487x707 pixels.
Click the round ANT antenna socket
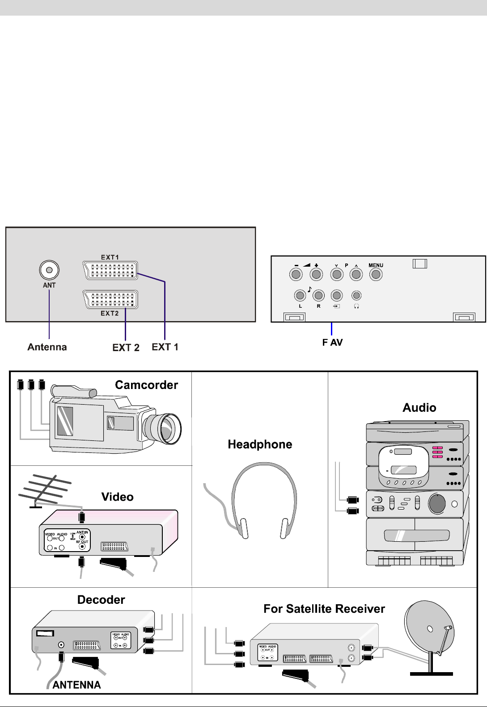[x=49, y=270]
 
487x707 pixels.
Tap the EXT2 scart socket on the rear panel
[x=110, y=299]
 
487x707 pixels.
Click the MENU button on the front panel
[x=376, y=274]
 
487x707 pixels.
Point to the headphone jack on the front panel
[x=356, y=295]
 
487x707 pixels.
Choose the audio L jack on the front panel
[x=300, y=295]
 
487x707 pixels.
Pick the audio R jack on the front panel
[x=318, y=295]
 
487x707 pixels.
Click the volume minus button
[x=296, y=274]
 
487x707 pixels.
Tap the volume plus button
[x=316, y=274]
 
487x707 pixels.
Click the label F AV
[x=332, y=343]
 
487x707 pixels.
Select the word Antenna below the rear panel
[x=47, y=347]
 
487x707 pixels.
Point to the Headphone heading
[x=260, y=444]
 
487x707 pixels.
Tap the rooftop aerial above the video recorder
[x=45, y=491]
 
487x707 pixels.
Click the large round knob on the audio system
[x=437, y=504]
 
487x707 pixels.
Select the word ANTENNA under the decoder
[x=76, y=685]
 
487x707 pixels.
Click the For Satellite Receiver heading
[x=324, y=609]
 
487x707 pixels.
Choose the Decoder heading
[x=101, y=600]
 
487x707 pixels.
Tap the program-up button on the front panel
[x=356, y=274]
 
